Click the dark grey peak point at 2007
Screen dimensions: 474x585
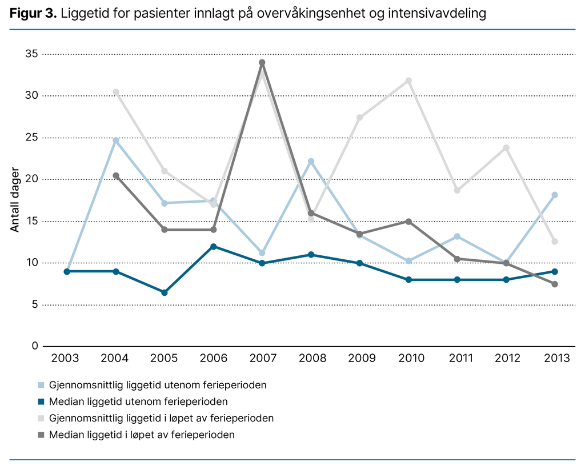pyautogui.click(x=262, y=63)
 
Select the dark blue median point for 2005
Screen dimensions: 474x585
pyautogui.click(x=165, y=292)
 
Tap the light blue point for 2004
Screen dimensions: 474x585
pyautogui.click(x=116, y=140)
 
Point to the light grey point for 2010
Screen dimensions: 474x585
pyautogui.click(x=408, y=81)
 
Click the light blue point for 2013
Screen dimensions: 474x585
pyautogui.click(x=555, y=195)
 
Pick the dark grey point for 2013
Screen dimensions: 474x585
pyautogui.click(x=555, y=284)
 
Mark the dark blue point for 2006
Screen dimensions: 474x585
pyautogui.click(x=214, y=246)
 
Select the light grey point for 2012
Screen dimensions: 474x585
pyautogui.click(x=506, y=148)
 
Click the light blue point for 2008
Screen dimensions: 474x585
pyautogui.click(x=311, y=162)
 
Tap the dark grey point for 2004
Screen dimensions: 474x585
pyautogui.click(x=116, y=175)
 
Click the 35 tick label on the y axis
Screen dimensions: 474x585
pyautogui.click(x=31, y=54)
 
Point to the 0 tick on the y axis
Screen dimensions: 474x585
pyautogui.click(x=35, y=346)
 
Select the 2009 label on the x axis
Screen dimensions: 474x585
pyautogui.click(x=362, y=359)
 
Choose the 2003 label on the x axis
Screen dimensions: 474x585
pyautogui.click(x=66, y=359)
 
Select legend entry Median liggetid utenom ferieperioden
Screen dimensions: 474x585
pyautogui.click(x=138, y=401)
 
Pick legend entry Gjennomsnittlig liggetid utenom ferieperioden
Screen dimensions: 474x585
pyautogui.click(x=158, y=385)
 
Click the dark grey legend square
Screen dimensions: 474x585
pyautogui.click(x=41, y=435)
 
